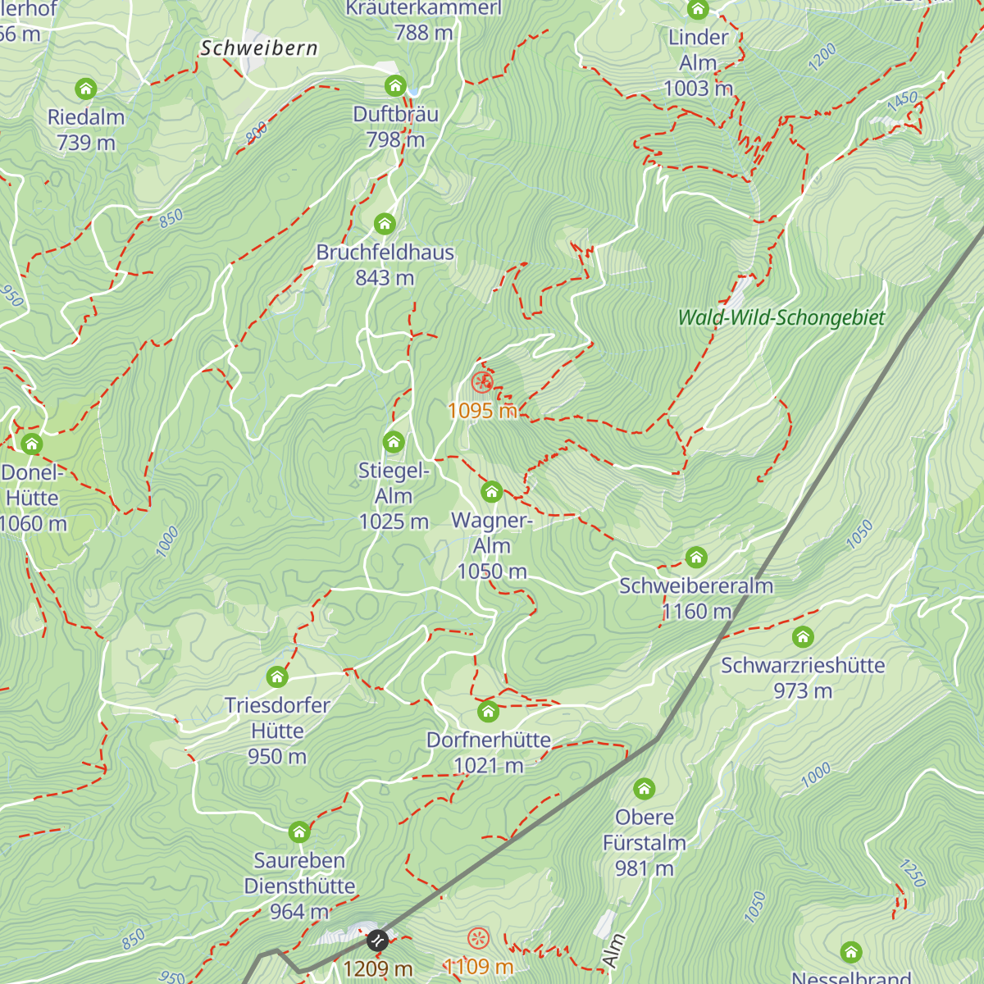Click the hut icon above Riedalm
pyautogui.click(x=86, y=89)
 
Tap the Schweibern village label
pyautogui.click(x=259, y=48)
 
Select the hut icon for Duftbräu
pyautogui.click(x=395, y=86)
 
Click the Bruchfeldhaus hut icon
pyautogui.click(x=385, y=224)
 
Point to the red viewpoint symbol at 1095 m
pyautogui.click(x=482, y=381)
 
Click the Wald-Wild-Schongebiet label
pyautogui.click(x=781, y=318)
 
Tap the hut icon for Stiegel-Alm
pyautogui.click(x=394, y=443)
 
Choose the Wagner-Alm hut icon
pyautogui.click(x=491, y=492)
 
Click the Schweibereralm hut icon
pyautogui.click(x=696, y=558)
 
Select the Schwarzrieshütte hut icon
pyautogui.click(x=803, y=637)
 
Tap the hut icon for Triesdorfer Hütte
pyautogui.click(x=277, y=677)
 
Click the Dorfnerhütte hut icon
pyautogui.click(x=488, y=711)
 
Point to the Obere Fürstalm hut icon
pyautogui.click(x=645, y=790)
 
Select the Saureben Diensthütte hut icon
pyautogui.click(x=299, y=832)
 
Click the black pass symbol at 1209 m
pyautogui.click(x=377, y=941)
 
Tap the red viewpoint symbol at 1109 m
pyautogui.click(x=478, y=938)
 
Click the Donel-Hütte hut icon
pyautogui.click(x=32, y=444)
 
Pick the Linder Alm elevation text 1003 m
pyautogui.click(x=698, y=89)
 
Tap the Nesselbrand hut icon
pyautogui.click(x=851, y=952)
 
